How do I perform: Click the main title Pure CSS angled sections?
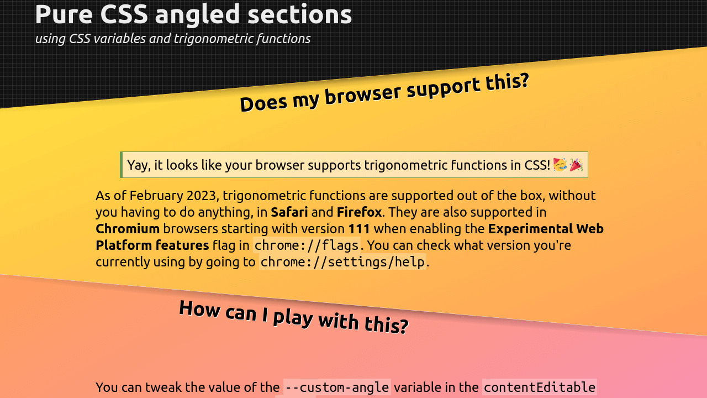click(x=193, y=14)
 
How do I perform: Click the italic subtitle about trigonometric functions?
click(x=172, y=39)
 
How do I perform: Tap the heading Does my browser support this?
click(x=384, y=92)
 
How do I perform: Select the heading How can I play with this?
click(x=293, y=317)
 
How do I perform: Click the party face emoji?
click(x=560, y=165)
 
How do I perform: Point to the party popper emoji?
click(x=576, y=165)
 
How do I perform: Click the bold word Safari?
click(x=289, y=212)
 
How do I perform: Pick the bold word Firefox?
click(x=359, y=212)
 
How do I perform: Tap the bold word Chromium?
click(x=128, y=229)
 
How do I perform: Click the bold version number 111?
click(x=359, y=229)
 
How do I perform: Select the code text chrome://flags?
click(x=307, y=245)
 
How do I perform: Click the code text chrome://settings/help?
click(x=342, y=262)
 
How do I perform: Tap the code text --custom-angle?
click(x=337, y=387)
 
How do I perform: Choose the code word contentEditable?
click(x=539, y=387)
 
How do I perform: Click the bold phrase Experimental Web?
click(x=546, y=229)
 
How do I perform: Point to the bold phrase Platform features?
click(x=152, y=245)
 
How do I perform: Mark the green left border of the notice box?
click(x=121, y=165)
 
